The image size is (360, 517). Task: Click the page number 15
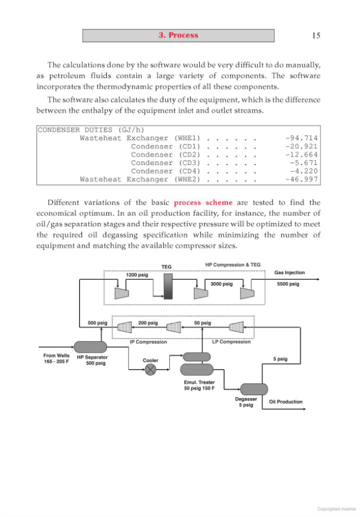(316, 36)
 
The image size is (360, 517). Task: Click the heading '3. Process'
(178, 36)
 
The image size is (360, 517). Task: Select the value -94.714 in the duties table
(301, 138)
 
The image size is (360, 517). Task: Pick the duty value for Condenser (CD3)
(304, 163)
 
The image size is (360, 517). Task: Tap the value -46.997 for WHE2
(301, 179)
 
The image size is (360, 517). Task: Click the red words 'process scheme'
(203, 202)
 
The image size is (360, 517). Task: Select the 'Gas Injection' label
(289, 273)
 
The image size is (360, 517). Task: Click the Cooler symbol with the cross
(150, 370)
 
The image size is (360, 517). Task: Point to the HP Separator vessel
(91, 346)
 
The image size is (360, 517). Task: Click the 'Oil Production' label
(285, 402)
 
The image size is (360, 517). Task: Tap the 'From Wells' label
(57, 356)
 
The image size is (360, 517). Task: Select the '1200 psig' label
(137, 275)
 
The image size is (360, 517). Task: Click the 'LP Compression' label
(231, 342)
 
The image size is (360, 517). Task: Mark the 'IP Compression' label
(148, 342)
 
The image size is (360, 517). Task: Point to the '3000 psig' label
(222, 284)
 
